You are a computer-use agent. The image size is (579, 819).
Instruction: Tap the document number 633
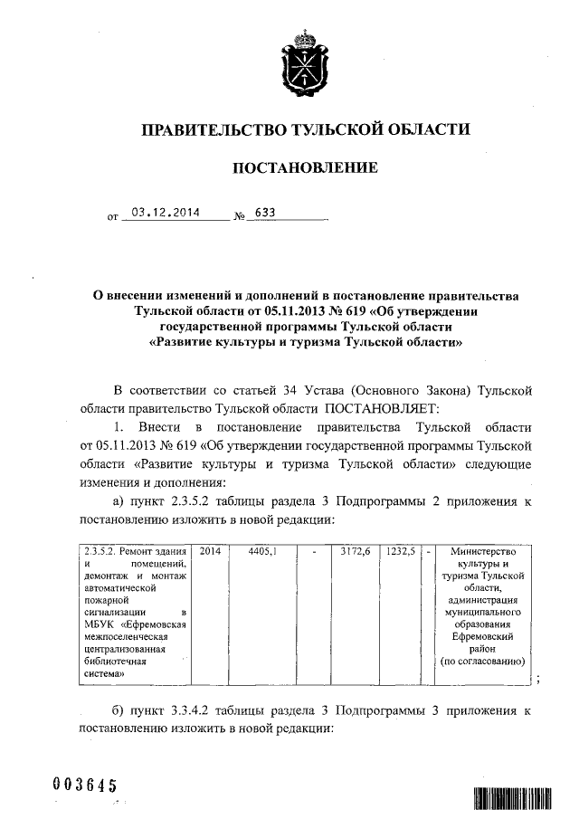click(x=265, y=214)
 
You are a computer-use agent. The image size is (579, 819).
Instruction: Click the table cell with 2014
click(x=209, y=550)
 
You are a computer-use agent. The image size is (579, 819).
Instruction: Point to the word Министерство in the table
click(x=480, y=551)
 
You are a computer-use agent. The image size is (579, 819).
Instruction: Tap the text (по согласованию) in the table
click(x=481, y=662)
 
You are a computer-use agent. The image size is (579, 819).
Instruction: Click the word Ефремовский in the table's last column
click(x=481, y=636)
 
